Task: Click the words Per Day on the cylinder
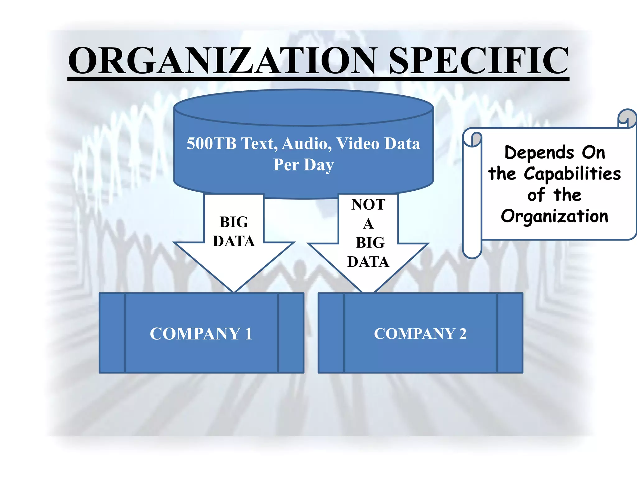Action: tap(304, 165)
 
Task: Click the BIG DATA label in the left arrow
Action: tap(234, 232)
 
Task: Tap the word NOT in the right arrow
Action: tap(368, 205)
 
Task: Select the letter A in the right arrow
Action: tap(368, 224)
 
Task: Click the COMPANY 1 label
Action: tap(201, 334)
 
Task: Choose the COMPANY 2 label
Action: tap(420, 334)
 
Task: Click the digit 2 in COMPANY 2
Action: tap(463, 334)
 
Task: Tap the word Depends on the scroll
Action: tap(539, 153)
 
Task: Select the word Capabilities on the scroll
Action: tap(572, 174)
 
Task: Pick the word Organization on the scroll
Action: tap(555, 216)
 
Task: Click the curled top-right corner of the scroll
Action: tap(627, 118)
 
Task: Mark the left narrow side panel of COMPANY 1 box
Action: tap(112, 333)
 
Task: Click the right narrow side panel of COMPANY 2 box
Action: tap(510, 333)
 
